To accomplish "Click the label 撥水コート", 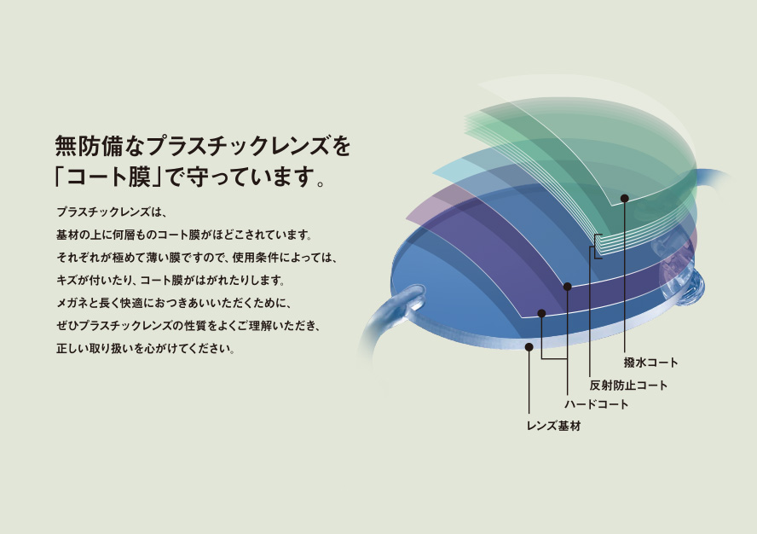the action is pos(650,362).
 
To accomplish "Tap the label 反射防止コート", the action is pos(628,386).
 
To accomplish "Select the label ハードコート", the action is pos(596,404).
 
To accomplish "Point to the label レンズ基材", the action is pos(553,426).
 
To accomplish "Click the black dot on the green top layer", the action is pos(624,198).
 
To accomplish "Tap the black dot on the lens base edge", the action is pos(529,347).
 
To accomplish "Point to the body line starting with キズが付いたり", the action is pos(170,281).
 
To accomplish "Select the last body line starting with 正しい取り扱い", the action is pos(145,348).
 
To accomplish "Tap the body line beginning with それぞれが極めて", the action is pos(196,258).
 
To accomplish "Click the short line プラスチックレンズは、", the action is pos(111,212).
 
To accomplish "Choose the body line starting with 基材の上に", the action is pos(184,235).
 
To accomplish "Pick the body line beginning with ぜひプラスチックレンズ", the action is pos(188,326).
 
